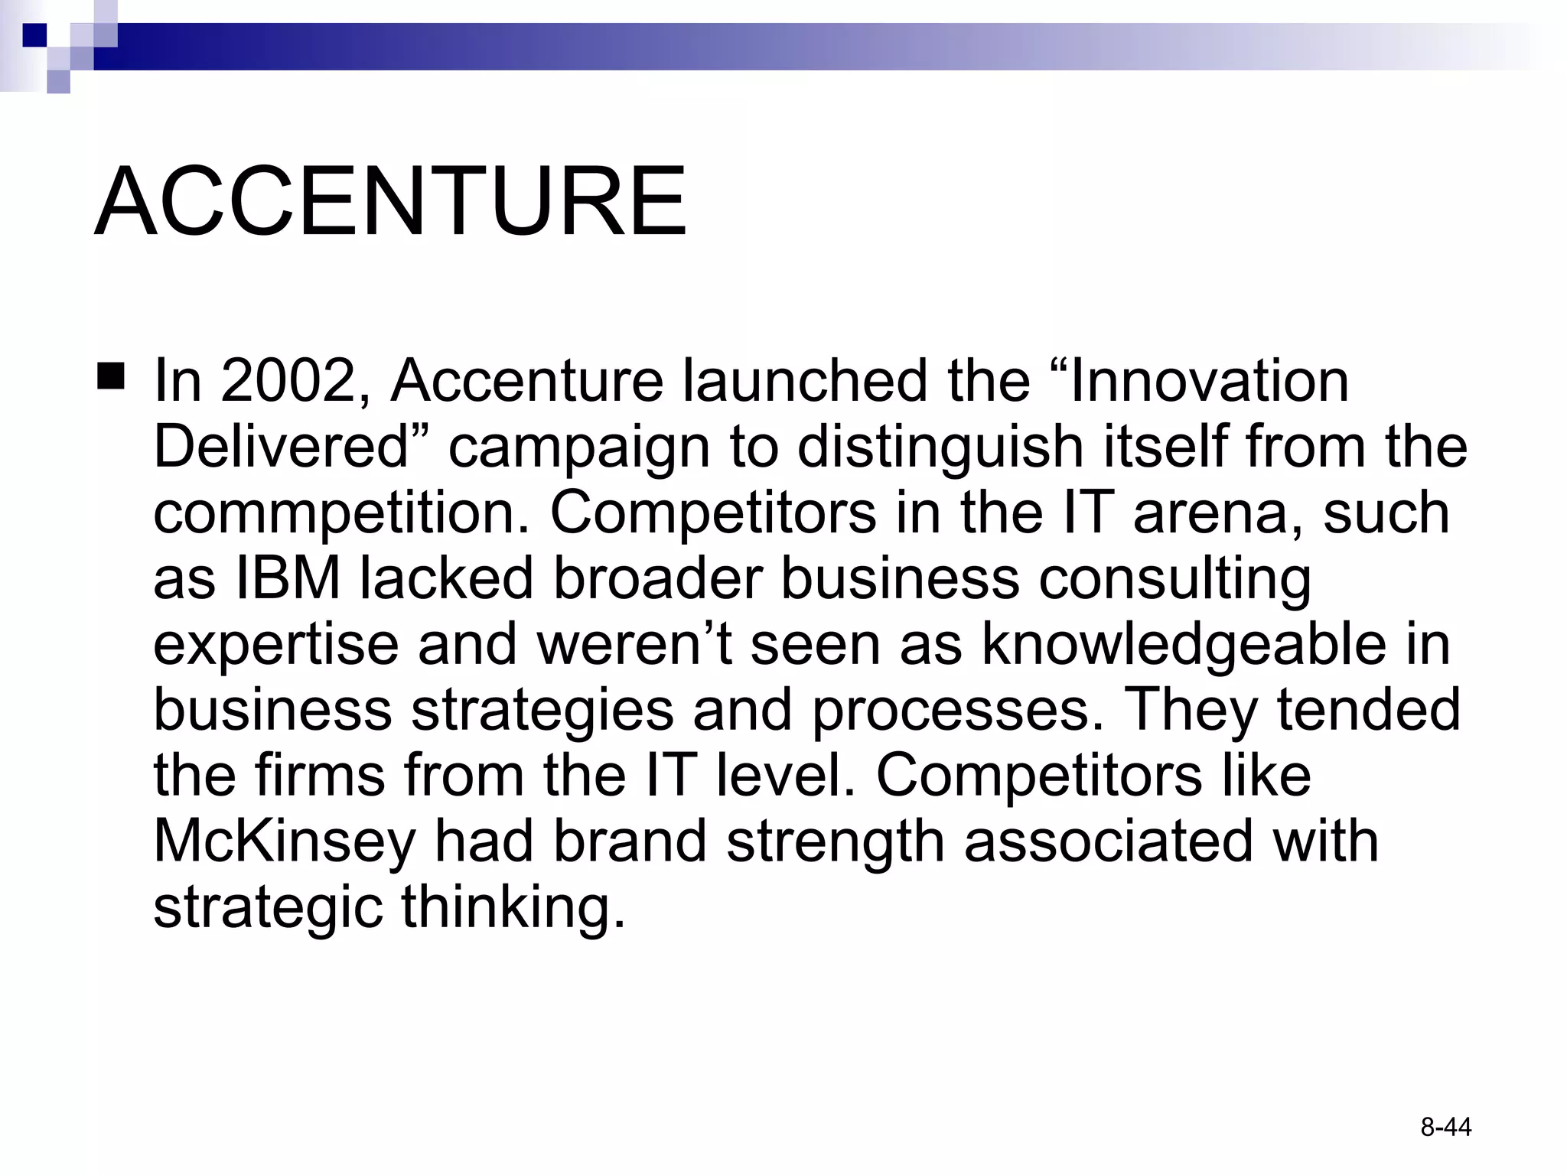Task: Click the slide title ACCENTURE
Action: pyautogui.click(x=390, y=202)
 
